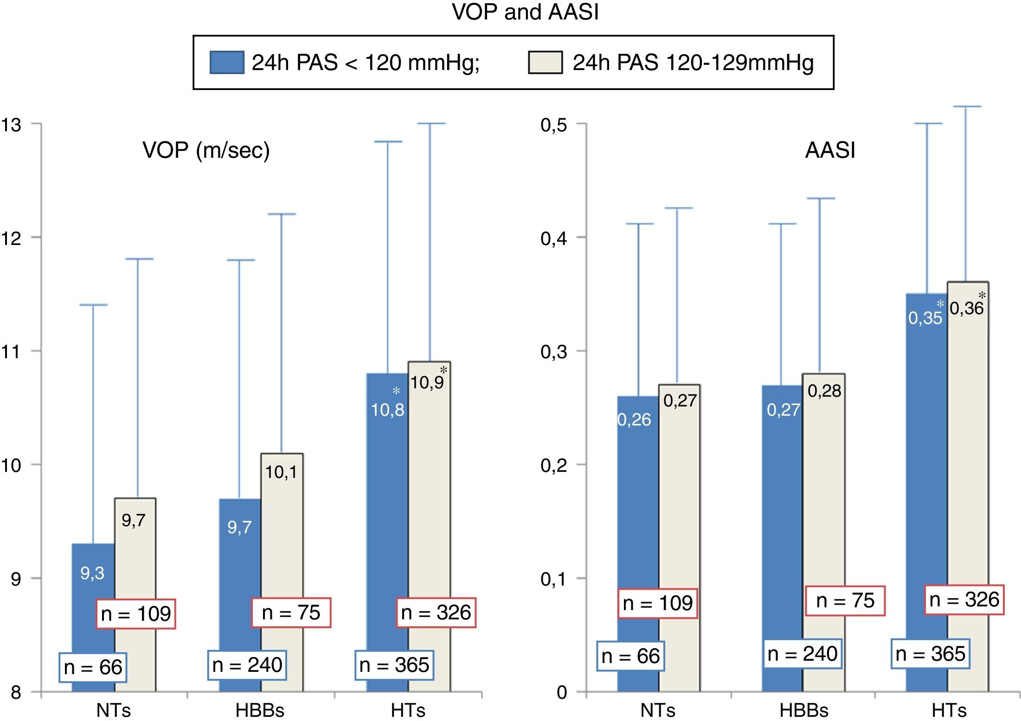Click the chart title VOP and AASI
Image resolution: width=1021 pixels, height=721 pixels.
(525, 13)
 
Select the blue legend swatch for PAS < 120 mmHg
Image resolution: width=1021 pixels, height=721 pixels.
(227, 63)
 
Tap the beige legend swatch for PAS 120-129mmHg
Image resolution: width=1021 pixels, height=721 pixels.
(545, 63)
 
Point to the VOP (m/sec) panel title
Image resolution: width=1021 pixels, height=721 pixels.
(206, 150)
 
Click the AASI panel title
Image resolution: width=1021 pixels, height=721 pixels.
(830, 150)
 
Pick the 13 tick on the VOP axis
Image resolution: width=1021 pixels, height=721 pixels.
(11, 124)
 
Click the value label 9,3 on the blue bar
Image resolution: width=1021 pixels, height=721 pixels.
(92, 573)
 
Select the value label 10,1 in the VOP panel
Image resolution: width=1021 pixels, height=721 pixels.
(281, 472)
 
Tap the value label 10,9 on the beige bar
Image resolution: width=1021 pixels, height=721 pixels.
(427, 383)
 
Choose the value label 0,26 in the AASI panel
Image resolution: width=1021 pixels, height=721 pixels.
(634, 420)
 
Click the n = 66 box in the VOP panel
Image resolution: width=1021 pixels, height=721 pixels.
(93, 667)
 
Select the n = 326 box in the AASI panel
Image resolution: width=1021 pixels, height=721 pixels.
(964, 600)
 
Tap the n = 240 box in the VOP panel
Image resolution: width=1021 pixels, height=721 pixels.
(247, 665)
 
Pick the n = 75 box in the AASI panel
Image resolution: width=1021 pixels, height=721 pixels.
(845, 601)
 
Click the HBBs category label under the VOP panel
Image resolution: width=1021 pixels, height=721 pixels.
(260, 710)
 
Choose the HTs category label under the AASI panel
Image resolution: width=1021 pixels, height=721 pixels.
(949, 710)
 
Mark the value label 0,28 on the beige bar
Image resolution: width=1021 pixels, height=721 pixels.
(824, 391)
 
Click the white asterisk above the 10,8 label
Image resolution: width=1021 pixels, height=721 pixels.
(396, 392)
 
